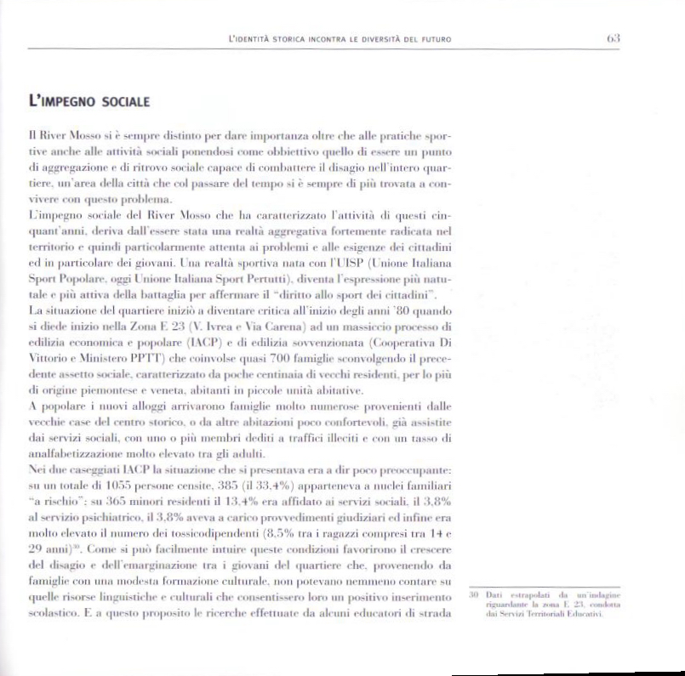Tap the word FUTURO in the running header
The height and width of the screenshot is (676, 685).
point(434,40)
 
